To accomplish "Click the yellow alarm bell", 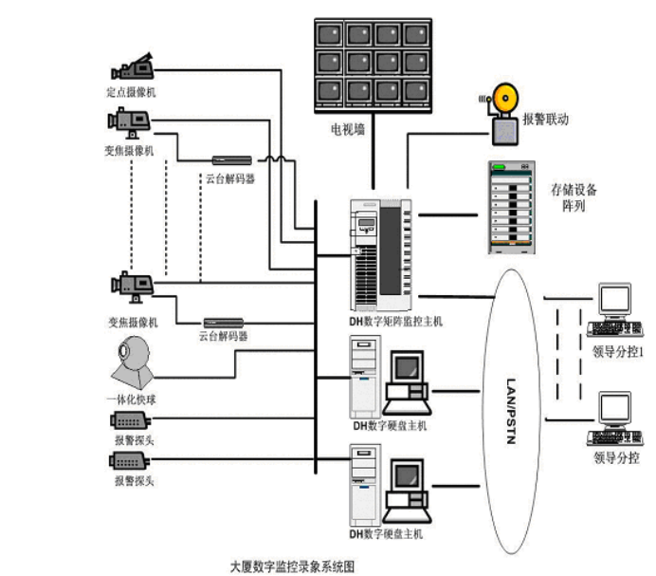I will point(503,98).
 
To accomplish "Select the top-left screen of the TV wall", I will point(330,34).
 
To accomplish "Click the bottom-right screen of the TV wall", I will point(416,91).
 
